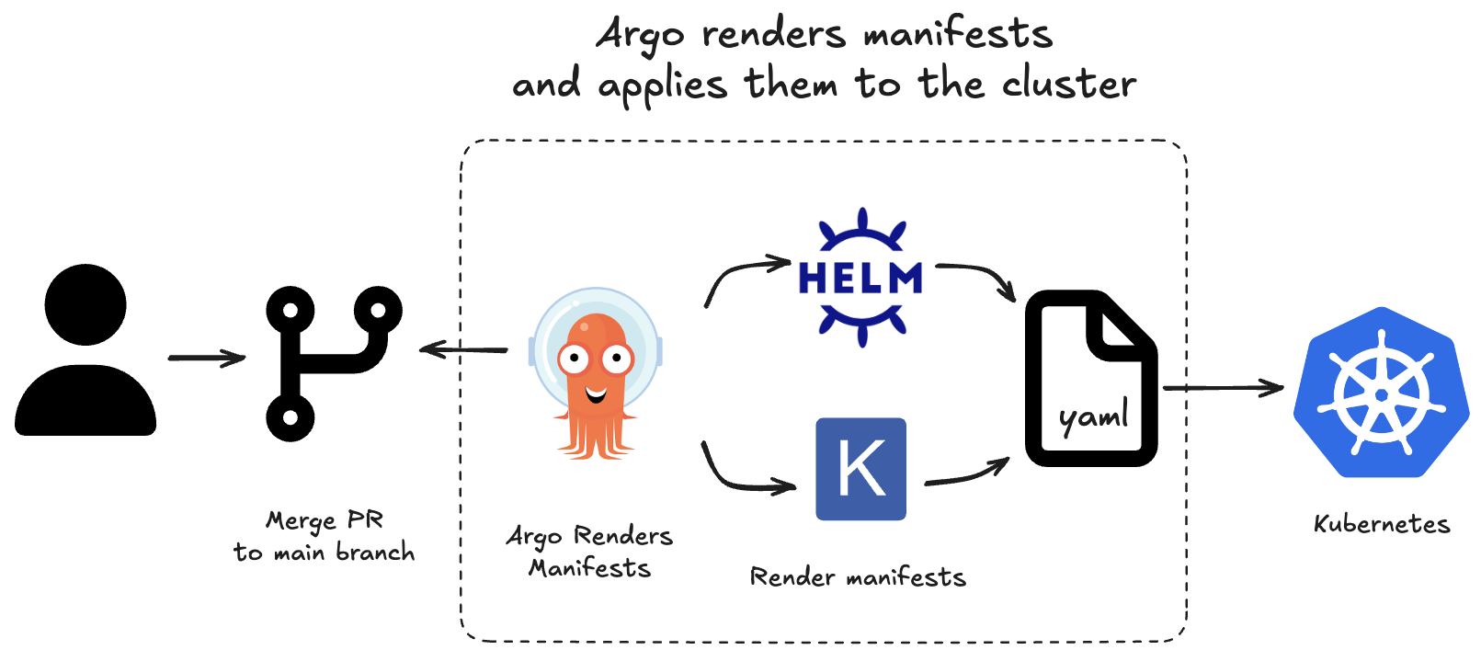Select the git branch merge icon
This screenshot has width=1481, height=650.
(x=331, y=360)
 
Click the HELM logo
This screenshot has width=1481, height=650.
(x=860, y=277)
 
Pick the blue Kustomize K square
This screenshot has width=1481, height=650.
(x=860, y=469)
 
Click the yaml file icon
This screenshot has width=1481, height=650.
(x=1090, y=379)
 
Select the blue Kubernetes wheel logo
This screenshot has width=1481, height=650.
(x=1381, y=393)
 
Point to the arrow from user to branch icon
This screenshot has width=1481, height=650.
(x=206, y=358)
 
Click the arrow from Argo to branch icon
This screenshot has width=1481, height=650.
(x=463, y=349)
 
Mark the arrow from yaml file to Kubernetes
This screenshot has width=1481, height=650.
(x=1223, y=388)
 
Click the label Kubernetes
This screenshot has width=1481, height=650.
(x=1381, y=524)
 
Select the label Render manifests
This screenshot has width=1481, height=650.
(x=858, y=577)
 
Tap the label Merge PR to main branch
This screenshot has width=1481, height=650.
(x=325, y=536)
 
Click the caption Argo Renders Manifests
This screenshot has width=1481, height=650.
(x=589, y=552)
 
